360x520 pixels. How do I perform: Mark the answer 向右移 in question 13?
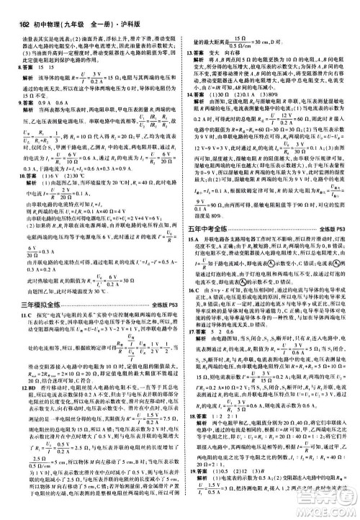tap(236, 53)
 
